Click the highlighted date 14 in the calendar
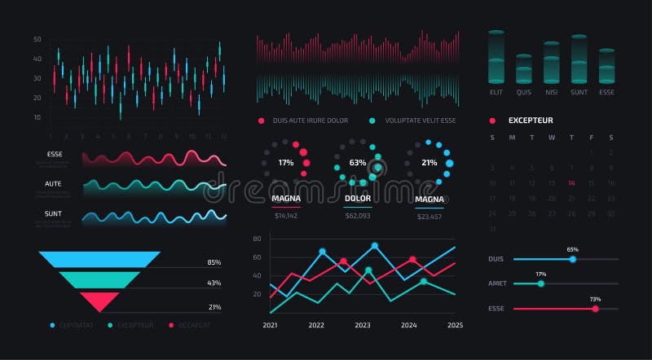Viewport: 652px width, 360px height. pos(571,183)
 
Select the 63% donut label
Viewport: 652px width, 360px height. pos(357,162)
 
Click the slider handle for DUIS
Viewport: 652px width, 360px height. pos(573,259)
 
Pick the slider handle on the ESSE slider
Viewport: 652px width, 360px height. pos(595,309)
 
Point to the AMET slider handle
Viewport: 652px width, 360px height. pos(540,283)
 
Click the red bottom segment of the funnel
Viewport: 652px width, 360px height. pos(101,301)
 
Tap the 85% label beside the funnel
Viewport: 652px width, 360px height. pos(214,262)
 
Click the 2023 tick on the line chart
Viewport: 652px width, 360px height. pos(362,325)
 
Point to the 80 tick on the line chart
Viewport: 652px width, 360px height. pos(256,239)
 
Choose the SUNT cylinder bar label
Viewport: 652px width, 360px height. pos(579,92)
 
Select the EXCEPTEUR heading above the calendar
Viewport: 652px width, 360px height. pos(531,120)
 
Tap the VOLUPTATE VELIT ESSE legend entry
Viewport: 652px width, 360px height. pos(420,121)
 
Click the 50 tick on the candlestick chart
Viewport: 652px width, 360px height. pos(37,39)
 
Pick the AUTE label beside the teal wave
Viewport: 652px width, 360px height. pos(54,183)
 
